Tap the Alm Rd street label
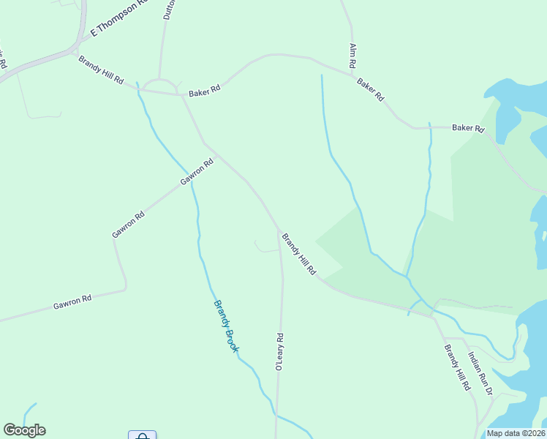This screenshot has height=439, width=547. coord(352,56)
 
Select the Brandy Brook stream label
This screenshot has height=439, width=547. coord(225,326)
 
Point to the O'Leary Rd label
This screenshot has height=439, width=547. coord(279,352)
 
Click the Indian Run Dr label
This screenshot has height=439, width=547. coord(480,374)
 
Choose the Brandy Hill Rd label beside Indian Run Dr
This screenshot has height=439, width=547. coord(457,367)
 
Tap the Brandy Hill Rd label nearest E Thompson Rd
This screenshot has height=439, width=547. coord(101,70)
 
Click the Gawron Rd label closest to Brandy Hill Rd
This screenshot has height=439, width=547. coord(197,172)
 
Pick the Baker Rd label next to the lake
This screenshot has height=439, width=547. coord(468,128)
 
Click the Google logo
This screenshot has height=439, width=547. coord(24,430)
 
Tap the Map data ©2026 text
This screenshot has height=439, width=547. coord(516,433)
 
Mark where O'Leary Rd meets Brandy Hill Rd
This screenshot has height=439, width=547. coord(278,229)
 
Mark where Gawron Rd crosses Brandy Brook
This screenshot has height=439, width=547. coord(192,183)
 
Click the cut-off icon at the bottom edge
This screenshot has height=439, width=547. coord(143,435)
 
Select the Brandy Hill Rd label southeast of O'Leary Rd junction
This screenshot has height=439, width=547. coord(299,255)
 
